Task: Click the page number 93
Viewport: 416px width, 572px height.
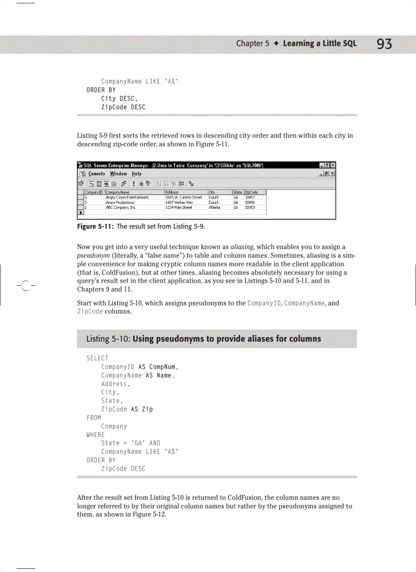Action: pyautogui.click(x=384, y=44)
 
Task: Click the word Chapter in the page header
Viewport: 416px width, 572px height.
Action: pyautogui.click(x=249, y=43)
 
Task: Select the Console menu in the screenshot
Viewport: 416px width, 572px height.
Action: pyautogui.click(x=96, y=174)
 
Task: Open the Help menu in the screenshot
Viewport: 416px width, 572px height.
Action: pyautogui.click(x=134, y=174)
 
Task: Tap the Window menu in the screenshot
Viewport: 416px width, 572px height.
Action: pyautogui.click(x=118, y=174)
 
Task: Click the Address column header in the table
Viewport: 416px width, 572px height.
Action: pyautogui.click(x=171, y=192)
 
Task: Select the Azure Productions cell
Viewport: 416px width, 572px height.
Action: pyautogui.click(x=120, y=202)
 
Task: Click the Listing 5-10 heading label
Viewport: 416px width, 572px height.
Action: pyautogui.click(x=108, y=339)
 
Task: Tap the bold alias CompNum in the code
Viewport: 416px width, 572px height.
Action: pyautogui.click(x=162, y=367)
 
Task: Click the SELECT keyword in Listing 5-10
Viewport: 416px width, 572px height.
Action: pyautogui.click(x=97, y=358)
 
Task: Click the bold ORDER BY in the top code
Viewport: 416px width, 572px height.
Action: pyautogui.click(x=101, y=90)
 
